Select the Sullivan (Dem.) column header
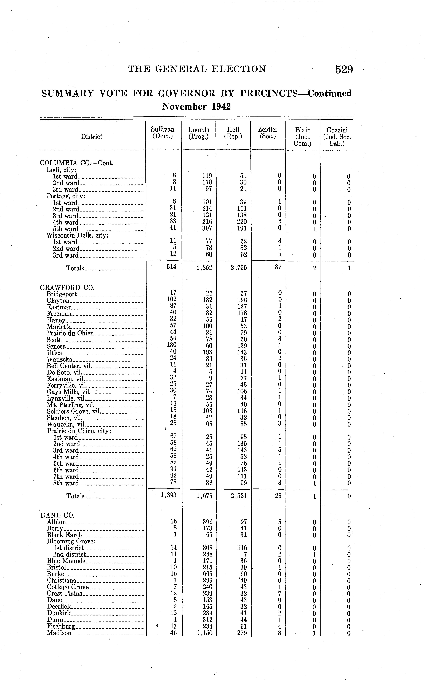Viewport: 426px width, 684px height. [x=163, y=133]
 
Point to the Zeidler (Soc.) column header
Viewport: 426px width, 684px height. [x=268, y=133]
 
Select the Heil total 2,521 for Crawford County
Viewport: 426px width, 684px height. [x=239, y=496]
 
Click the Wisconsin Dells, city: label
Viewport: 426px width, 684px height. [x=78, y=235]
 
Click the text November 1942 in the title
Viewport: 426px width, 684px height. [x=196, y=107]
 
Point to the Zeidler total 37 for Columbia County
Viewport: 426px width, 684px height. [x=278, y=267]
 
